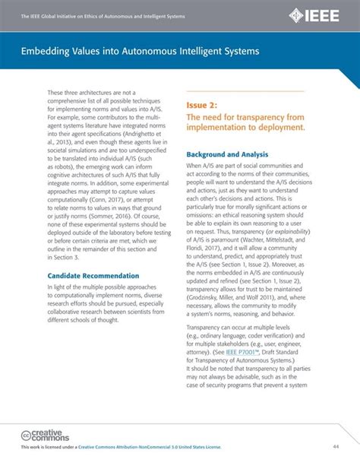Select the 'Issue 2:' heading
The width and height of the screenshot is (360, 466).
click(x=204, y=104)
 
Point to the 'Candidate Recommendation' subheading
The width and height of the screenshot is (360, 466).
click(x=93, y=275)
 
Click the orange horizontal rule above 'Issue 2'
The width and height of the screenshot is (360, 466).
click(x=245, y=91)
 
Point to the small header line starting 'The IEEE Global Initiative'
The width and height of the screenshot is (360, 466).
click(x=103, y=16)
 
